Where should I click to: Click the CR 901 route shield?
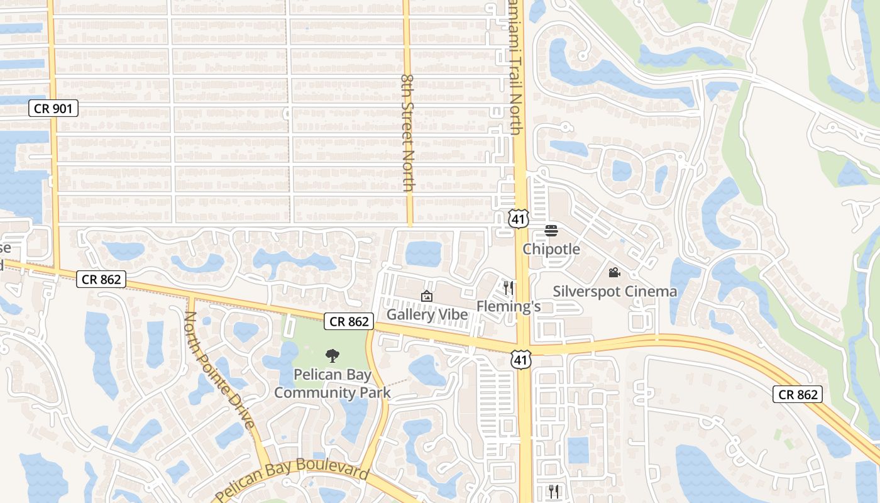(x=53, y=108)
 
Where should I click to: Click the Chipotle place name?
(x=551, y=249)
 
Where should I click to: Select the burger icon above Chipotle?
(x=551, y=231)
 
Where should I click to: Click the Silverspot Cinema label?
(x=615, y=291)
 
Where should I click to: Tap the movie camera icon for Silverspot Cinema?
(x=615, y=273)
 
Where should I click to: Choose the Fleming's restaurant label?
(x=509, y=306)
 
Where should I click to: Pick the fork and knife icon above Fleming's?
(x=509, y=288)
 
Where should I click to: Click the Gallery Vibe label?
(x=427, y=314)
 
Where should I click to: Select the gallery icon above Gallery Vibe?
(x=427, y=296)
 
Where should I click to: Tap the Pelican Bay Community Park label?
(x=333, y=384)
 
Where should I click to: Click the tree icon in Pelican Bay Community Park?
(x=333, y=357)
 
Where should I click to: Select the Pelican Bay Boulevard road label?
(x=292, y=480)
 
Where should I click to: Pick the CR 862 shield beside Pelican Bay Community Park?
(x=349, y=322)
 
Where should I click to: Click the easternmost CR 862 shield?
(x=797, y=394)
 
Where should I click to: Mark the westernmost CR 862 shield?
(x=101, y=279)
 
